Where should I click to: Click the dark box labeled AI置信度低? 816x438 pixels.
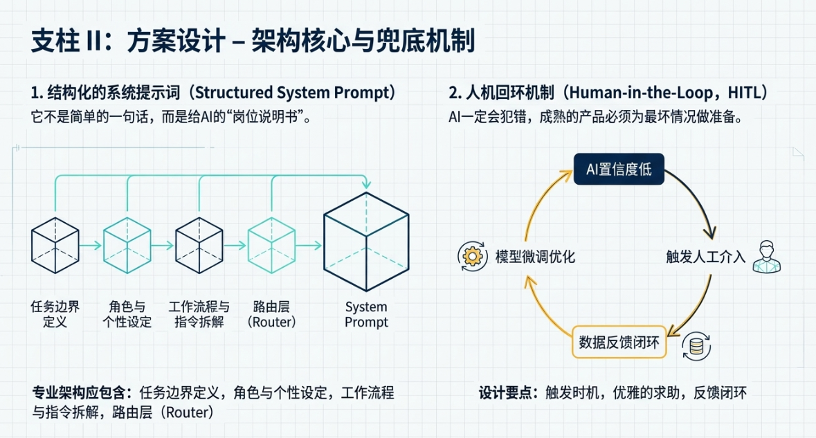tap(619, 169)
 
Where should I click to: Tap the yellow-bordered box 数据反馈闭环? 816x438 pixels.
tap(619, 341)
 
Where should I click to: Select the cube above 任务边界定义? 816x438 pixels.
tap(55, 245)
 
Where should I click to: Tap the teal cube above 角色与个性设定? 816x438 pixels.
tap(127, 245)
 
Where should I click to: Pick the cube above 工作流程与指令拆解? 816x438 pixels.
tap(199, 245)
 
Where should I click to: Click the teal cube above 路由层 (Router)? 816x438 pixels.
tap(271, 245)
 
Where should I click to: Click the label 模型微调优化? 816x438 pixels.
tap(535, 257)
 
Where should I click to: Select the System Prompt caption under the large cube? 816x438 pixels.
tap(366, 315)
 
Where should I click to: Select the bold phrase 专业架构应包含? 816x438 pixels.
tap(81, 393)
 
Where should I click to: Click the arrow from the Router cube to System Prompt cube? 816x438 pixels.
tap(309, 245)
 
